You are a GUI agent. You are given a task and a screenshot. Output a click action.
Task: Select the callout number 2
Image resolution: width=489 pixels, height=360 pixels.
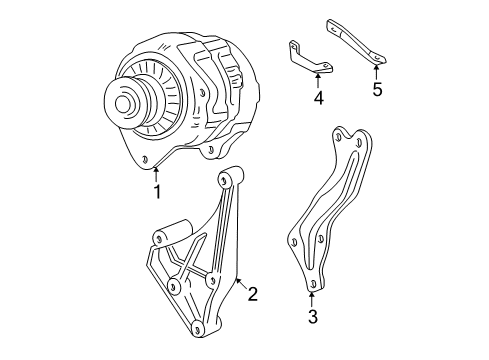point(253,294)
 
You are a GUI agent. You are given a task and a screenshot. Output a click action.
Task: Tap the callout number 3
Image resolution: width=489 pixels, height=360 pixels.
point(313,318)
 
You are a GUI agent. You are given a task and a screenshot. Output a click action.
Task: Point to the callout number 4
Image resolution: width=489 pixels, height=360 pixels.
point(318,98)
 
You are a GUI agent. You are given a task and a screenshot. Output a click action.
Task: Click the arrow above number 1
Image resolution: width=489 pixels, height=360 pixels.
point(156,172)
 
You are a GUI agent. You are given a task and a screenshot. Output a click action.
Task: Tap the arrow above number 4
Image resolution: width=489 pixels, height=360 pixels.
point(319,80)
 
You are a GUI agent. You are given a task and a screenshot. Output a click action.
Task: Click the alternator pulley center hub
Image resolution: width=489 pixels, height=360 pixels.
point(124,102)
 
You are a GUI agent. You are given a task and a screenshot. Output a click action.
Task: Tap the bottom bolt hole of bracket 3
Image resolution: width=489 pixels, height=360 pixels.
point(313,285)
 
